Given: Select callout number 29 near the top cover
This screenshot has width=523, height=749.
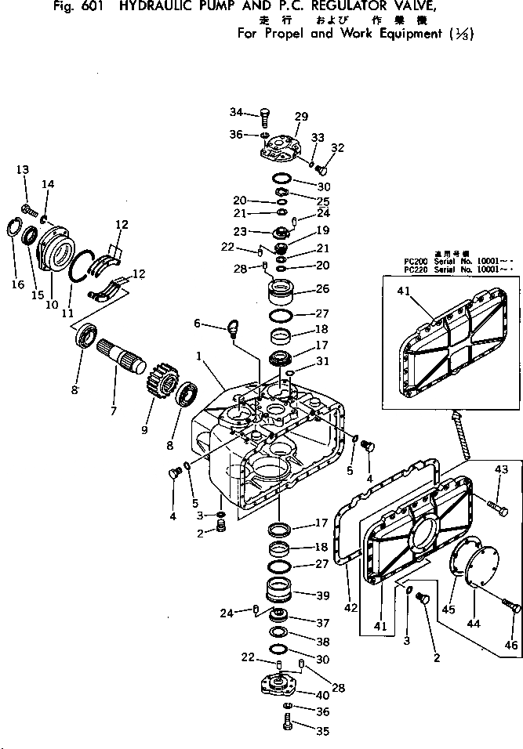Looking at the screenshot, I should pos(301,117).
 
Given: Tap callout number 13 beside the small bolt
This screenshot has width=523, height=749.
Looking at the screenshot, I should pos(22,170).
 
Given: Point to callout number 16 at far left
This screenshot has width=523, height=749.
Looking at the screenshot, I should pos(17,284).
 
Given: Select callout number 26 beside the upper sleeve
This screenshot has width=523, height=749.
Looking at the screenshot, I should pos(321,288).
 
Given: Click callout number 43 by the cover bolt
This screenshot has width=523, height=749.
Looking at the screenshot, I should pos(502,469).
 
